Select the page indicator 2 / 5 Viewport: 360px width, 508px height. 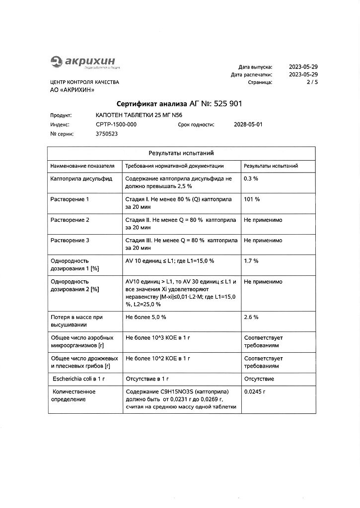point(312,82)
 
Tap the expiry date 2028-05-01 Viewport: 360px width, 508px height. point(248,125)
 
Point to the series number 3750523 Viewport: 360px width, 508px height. point(107,134)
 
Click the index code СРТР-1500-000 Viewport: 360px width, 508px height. point(116,125)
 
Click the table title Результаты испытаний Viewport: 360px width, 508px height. point(181,153)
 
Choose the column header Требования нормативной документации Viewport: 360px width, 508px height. point(174,166)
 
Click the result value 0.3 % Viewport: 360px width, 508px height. point(251,179)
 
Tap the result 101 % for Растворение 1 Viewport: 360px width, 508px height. point(252,199)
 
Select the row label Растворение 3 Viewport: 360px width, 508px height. point(70,241)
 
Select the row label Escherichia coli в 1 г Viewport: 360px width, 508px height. point(78,379)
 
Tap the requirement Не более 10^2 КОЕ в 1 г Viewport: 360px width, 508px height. point(158,358)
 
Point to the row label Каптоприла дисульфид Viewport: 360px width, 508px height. point(81,179)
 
